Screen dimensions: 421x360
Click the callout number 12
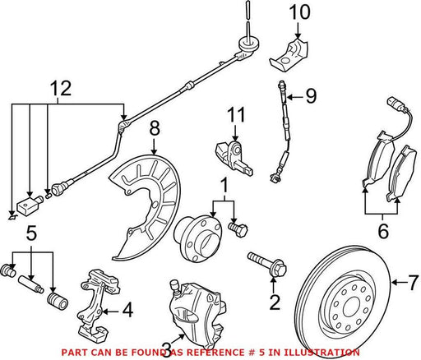61,88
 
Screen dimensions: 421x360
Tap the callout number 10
299,12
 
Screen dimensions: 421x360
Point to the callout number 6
383,231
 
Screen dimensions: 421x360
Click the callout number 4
127,310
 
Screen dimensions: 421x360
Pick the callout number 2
275,302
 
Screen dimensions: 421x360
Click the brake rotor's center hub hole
350,306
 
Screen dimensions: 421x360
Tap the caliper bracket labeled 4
99,305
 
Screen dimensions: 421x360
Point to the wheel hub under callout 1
197,238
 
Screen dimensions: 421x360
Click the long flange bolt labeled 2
267,264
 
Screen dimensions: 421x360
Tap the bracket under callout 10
289,56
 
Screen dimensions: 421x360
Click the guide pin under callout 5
30,284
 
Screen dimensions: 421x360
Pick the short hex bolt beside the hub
238,229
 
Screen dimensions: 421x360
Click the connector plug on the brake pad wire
392,103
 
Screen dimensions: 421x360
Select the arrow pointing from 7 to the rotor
400,282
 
